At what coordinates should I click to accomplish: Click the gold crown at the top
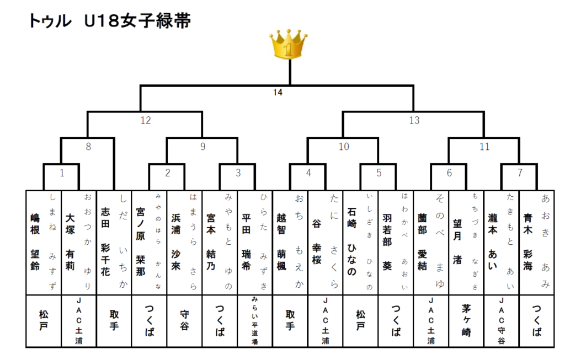point(288,45)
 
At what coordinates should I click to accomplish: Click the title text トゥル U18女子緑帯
point(110,21)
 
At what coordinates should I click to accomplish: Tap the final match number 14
point(278,93)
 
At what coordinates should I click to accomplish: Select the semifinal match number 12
point(146,120)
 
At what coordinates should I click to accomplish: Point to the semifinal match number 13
point(414,120)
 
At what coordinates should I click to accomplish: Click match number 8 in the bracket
point(88,147)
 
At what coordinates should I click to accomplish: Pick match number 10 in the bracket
point(344,147)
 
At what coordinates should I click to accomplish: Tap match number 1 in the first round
point(62,173)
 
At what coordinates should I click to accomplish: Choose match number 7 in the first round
point(520,173)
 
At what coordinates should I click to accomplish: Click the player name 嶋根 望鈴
point(35,241)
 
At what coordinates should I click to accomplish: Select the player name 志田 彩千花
point(105,241)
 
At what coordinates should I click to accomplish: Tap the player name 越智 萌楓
point(281,241)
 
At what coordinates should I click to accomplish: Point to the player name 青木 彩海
point(528,241)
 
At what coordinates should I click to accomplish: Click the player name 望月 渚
point(457,241)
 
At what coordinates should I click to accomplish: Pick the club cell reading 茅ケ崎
point(466,320)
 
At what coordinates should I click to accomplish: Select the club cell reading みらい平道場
point(255,320)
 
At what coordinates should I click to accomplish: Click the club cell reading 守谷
point(184,320)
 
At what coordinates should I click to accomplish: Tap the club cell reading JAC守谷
point(501,320)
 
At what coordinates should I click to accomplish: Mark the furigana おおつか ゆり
point(88,241)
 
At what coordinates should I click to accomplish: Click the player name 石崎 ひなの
point(351,241)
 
